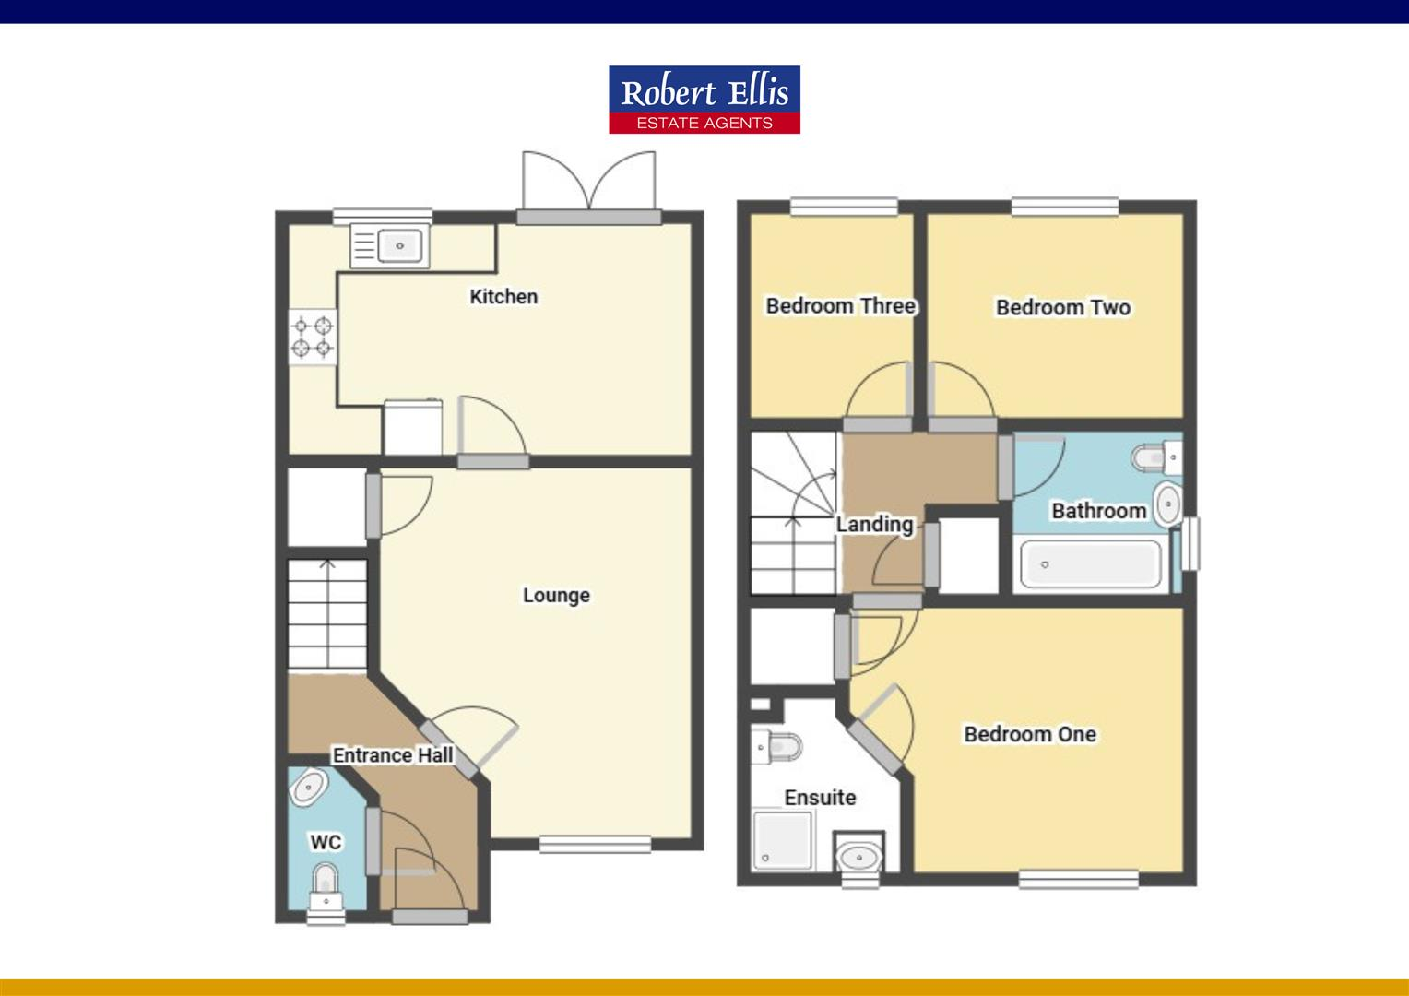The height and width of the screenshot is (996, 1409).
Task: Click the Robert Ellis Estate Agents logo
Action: pyautogui.click(x=704, y=100)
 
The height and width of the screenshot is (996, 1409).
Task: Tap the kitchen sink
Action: pyautogui.click(x=388, y=246)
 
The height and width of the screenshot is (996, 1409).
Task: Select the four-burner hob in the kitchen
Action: pyautogui.click(x=313, y=337)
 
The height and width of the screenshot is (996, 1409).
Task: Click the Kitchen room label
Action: pyautogui.click(x=503, y=297)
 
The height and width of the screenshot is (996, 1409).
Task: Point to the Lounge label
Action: pyautogui.click(x=556, y=596)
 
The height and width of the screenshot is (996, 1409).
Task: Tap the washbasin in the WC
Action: pyautogui.click(x=308, y=787)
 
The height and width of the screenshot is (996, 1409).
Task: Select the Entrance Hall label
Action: pyautogui.click(x=393, y=755)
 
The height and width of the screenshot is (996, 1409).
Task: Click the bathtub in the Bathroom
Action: pyautogui.click(x=1090, y=564)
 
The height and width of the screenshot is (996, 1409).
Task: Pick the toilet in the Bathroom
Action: pyautogui.click(x=1154, y=456)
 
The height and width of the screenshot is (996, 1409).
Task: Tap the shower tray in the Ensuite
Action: pyautogui.click(x=782, y=840)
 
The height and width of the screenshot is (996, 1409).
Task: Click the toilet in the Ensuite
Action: pyautogui.click(x=777, y=745)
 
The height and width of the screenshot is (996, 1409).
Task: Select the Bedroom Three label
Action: pyautogui.click(x=841, y=306)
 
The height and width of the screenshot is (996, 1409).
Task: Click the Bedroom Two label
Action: pyautogui.click(x=1063, y=308)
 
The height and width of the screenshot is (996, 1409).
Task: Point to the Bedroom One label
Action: pyautogui.click(x=1030, y=735)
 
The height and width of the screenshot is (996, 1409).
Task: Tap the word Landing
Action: pyautogui.click(x=874, y=525)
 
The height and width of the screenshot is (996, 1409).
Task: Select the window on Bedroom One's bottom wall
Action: pyautogui.click(x=1079, y=880)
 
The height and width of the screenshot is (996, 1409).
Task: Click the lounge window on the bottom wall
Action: pyautogui.click(x=595, y=843)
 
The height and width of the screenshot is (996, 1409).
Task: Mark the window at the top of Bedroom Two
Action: pyautogui.click(x=1065, y=207)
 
